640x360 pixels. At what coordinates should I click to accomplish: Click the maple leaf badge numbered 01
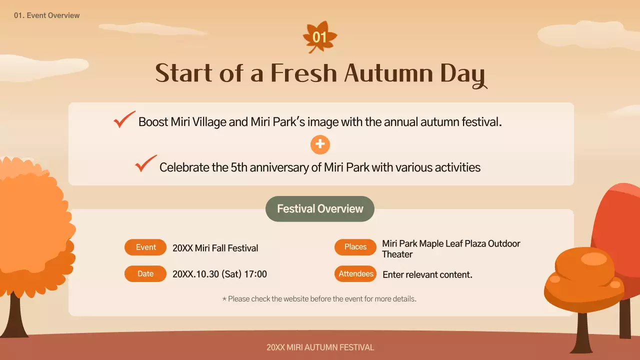tap(320, 37)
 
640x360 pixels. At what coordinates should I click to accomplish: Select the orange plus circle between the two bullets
tap(320, 144)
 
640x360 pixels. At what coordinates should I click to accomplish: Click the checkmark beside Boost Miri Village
tap(124, 119)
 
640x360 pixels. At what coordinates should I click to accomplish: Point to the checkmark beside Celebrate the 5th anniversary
tap(145, 163)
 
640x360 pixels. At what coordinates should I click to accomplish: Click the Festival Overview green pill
tap(320, 209)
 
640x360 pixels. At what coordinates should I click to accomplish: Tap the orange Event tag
tap(145, 247)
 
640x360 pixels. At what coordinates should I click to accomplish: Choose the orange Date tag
tap(145, 274)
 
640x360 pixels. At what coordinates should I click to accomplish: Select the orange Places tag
tap(355, 247)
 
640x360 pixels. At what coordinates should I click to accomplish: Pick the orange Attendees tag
tap(355, 274)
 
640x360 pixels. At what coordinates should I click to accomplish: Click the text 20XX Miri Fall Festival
tap(215, 248)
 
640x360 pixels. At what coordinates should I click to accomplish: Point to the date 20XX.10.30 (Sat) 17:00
tap(219, 274)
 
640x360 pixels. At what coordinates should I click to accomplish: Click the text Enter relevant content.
tap(427, 274)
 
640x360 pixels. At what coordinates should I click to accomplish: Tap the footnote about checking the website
tap(319, 299)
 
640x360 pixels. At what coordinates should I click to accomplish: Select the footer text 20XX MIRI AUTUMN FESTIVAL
tap(320, 347)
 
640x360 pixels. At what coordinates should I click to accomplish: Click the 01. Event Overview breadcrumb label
tap(47, 15)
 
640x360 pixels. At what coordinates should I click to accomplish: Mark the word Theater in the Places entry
tap(397, 254)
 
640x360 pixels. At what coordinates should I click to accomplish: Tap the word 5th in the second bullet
tap(239, 167)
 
